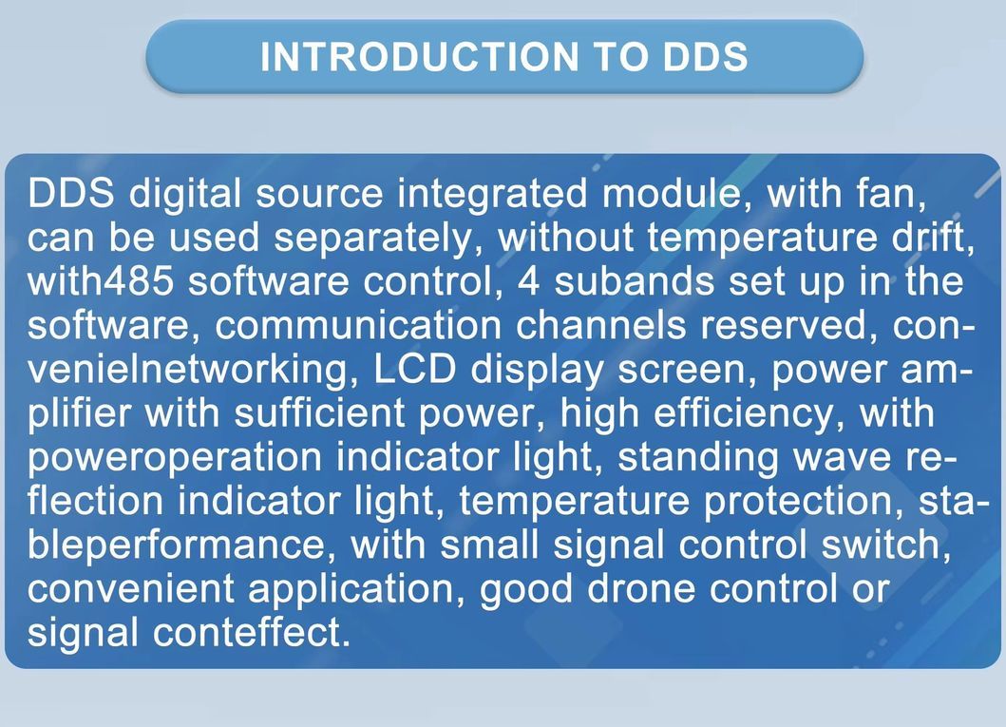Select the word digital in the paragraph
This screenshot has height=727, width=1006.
point(186,194)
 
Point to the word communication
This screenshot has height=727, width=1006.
point(358,326)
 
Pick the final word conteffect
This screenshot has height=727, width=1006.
point(249,632)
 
